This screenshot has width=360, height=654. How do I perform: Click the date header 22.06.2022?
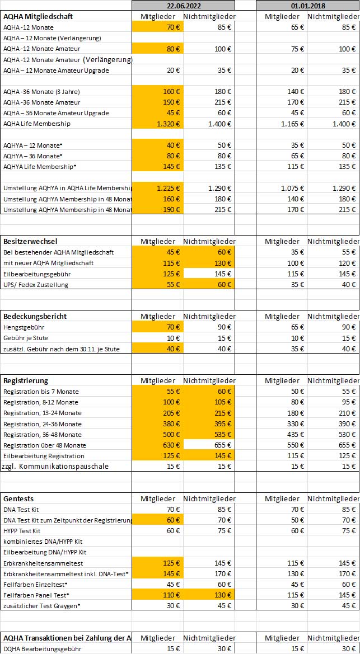(183, 5)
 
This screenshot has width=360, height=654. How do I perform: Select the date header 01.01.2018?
(307, 5)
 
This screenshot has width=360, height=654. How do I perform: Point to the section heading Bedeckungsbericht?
(35, 316)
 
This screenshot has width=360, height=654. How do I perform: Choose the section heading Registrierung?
(26, 381)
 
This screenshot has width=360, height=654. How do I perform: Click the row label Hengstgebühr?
(25, 327)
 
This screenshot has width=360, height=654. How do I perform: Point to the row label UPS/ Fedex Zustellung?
(36, 285)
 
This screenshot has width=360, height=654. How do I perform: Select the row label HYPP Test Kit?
(22, 531)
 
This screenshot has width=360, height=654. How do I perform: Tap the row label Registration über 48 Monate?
(45, 445)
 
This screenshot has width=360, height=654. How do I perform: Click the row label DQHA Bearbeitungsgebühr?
(42, 649)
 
